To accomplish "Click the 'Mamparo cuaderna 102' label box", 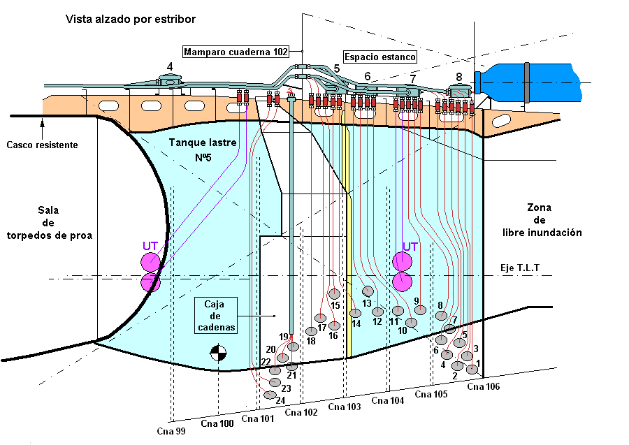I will (236, 52).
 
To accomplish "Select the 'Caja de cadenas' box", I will (217, 315).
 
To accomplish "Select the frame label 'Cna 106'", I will (484, 386).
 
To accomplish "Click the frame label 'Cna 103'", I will (345, 407).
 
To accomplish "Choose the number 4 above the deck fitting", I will (169, 67).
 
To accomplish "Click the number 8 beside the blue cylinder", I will (458, 77).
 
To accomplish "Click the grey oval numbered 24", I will (270, 395).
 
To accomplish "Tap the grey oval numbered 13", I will (368, 291).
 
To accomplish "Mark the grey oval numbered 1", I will (472, 369).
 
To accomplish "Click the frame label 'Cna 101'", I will (258, 419).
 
